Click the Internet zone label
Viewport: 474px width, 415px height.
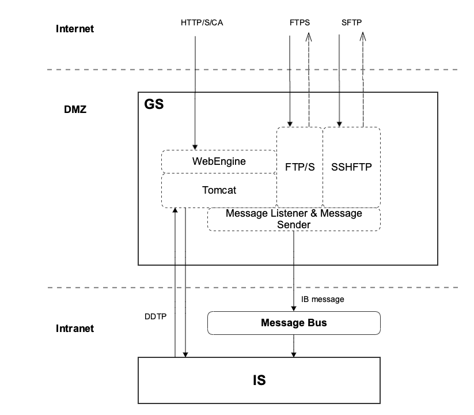pos(75,29)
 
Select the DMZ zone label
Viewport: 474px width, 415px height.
pos(75,108)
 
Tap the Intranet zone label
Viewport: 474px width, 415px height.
pos(75,329)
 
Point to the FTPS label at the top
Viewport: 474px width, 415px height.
pos(299,23)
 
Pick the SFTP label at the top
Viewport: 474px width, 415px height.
pos(351,23)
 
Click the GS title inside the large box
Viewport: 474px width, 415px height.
pos(153,105)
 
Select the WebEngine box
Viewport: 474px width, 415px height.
pos(219,161)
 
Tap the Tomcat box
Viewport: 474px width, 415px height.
pos(219,190)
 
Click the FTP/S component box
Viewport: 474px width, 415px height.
pos(299,167)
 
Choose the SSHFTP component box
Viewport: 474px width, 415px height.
pos(351,167)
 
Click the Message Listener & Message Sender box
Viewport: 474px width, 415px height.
pos(294,219)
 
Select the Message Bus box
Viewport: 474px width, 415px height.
pos(294,323)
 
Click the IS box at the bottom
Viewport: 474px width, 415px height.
pos(259,380)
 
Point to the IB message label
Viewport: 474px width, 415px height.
pos(323,300)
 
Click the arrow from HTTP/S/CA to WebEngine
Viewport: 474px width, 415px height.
pos(195,86)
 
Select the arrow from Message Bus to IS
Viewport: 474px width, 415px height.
pos(294,346)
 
